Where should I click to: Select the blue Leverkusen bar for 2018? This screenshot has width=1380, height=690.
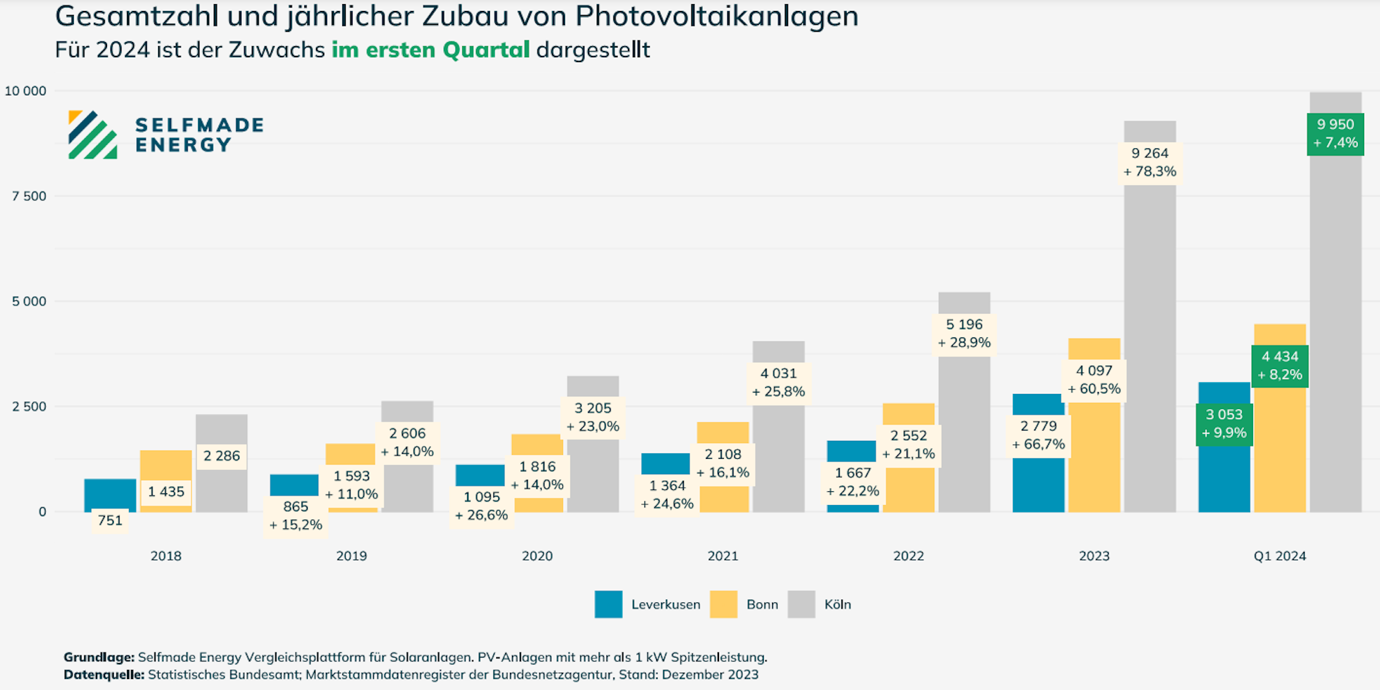coord(110,493)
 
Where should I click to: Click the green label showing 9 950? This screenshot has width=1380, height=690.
coord(1335,134)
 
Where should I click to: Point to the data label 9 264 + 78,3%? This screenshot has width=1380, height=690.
coord(1150,163)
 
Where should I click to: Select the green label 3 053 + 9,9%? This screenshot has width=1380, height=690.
coord(1224,424)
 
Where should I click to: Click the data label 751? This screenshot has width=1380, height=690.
coord(110,520)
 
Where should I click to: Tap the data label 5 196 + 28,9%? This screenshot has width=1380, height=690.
coord(964,334)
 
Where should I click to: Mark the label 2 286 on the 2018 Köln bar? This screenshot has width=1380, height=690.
coord(221,456)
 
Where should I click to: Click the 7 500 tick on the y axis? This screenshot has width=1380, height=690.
coord(29,196)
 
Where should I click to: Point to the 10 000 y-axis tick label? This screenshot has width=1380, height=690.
coord(26,91)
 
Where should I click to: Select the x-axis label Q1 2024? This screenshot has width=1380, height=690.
coord(1279,556)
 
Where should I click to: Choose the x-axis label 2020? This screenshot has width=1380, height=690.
coord(537,556)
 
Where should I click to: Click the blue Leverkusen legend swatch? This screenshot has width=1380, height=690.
coord(608,604)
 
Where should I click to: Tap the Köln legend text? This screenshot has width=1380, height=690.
coord(838,604)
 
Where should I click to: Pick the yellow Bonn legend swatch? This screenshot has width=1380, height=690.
coord(723,604)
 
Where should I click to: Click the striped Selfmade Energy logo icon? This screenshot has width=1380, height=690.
coord(92,135)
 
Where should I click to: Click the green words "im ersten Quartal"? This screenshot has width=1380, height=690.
coord(431,50)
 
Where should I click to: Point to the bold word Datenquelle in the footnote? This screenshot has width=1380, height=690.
coord(103,675)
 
